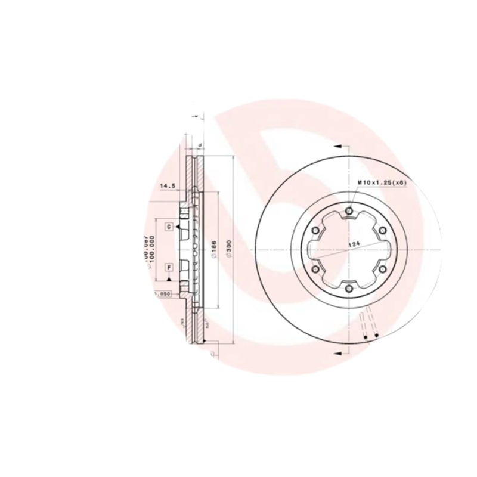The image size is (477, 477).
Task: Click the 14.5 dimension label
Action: [x=167, y=186]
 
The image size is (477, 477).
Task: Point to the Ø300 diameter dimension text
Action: [x=229, y=247]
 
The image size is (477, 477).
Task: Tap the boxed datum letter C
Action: [x=169, y=227]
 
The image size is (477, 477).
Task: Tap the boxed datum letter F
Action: [x=169, y=267]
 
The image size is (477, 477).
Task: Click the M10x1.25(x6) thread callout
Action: [x=382, y=183]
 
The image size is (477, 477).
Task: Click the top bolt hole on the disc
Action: [x=349, y=210]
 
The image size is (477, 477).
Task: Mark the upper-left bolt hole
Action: [x=315, y=230]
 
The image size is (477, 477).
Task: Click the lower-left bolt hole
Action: [x=315, y=270]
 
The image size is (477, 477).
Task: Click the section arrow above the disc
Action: [x=337, y=145]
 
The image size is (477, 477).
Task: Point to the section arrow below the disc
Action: [x=337, y=355]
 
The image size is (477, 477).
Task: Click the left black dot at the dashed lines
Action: [x=364, y=338]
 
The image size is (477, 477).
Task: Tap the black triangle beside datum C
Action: [x=178, y=227]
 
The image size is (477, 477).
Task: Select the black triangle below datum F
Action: [x=169, y=278]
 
